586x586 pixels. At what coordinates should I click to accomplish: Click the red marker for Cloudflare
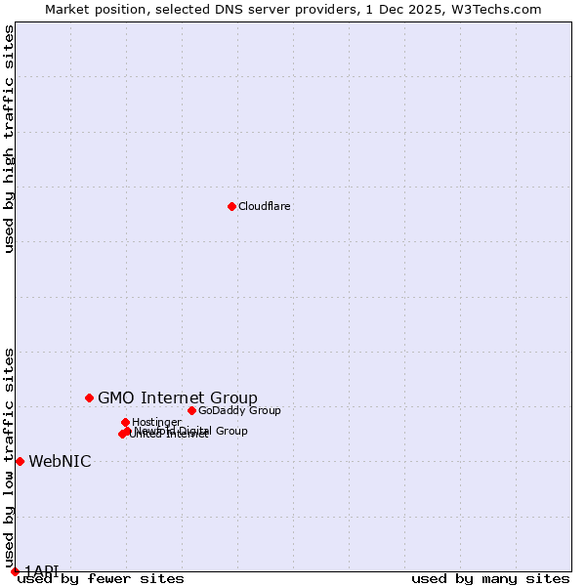231,206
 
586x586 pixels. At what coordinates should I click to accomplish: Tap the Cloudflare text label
265,206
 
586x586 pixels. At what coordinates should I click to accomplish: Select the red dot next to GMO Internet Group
89,398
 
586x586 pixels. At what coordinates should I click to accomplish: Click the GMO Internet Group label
178,398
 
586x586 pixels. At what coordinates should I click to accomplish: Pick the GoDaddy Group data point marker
191,410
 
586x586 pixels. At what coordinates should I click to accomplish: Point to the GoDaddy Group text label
239,410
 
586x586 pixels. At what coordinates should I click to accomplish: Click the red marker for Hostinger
125,422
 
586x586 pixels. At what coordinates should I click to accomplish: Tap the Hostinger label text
156,422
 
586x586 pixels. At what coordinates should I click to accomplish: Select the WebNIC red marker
20,461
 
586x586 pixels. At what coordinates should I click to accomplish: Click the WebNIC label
60,461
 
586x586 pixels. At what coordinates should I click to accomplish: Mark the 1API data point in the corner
15,571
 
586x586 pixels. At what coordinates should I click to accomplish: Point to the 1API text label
42,570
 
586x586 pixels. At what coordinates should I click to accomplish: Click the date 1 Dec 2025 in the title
409,9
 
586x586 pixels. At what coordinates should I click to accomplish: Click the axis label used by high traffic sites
9,139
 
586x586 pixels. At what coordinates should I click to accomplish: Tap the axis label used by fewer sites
101,578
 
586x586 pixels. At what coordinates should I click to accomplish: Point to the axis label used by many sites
490,578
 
